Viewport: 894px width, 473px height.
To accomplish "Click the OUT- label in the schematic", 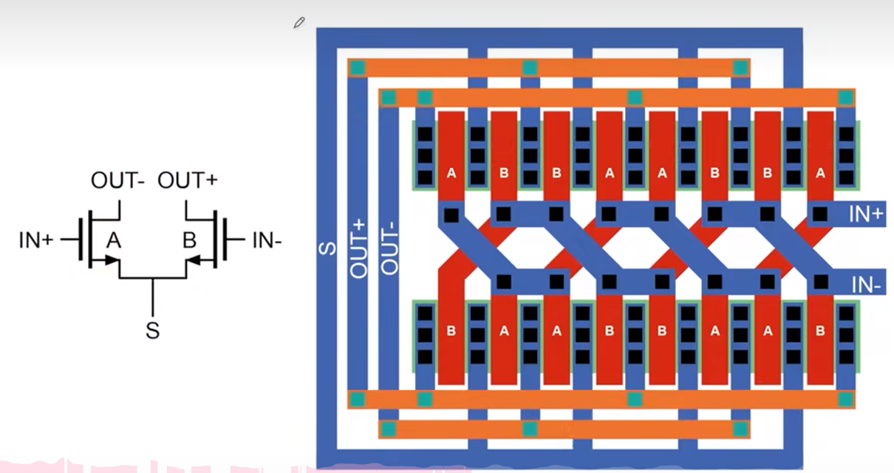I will click(x=117, y=180).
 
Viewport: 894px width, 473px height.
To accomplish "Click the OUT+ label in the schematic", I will click(x=188, y=180).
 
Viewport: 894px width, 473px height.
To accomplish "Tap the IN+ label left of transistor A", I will click(x=36, y=239).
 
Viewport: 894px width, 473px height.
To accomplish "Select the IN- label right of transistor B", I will click(x=267, y=239).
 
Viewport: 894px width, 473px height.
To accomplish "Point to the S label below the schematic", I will click(x=152, y=330).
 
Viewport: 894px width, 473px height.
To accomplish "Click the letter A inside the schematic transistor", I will click(x=113, y=239).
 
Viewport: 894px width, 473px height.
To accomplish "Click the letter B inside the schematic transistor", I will click(x=190, y=239).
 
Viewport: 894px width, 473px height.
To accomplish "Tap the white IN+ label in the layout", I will click(x=866, y=215).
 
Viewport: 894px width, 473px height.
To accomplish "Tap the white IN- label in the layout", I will click(x=866, y=285).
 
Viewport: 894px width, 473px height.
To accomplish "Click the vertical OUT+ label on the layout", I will click(x=358, y=248).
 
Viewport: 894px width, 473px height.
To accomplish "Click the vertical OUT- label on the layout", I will click(x=389, y=248).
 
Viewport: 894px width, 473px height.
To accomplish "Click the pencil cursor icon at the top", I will click(x=298, y=23).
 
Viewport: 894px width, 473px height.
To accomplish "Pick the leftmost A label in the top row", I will click(x=451, y=174).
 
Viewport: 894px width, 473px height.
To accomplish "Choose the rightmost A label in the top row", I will click(x=820, y=174).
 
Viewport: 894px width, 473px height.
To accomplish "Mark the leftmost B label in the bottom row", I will click(x=451, y=331).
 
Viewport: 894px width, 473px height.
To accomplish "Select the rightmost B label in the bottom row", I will click(x=820, y=331).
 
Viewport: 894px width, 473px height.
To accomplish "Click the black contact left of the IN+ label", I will click(x=820, y=215).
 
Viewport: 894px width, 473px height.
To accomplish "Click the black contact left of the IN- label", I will click(x=820, y=282).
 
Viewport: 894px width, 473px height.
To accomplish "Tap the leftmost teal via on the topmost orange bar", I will click(x=358, y=68).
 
